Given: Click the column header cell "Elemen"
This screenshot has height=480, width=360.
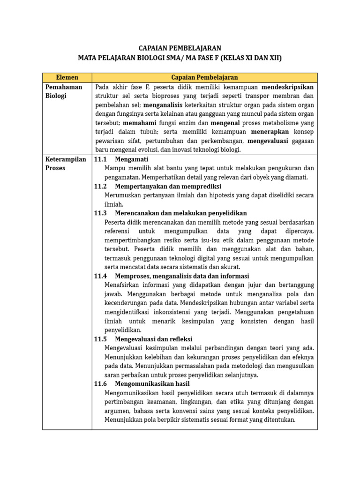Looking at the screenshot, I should coord(67,77).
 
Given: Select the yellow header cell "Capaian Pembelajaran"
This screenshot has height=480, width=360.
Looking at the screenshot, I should coord(204,77).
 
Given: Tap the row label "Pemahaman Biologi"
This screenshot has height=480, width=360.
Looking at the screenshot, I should coord(64,91).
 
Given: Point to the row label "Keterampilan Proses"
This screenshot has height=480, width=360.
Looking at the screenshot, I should coord(66,164).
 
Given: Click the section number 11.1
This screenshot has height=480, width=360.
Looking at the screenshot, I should coord(100,159).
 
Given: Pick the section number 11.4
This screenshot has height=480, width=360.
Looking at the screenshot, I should coord(100,276).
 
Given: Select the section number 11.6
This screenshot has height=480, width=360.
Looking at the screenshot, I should coord(100,384).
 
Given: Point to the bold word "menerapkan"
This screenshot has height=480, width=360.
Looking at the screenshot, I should coord(270,132).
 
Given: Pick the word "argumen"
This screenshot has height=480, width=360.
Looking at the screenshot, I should coord(117,411).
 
